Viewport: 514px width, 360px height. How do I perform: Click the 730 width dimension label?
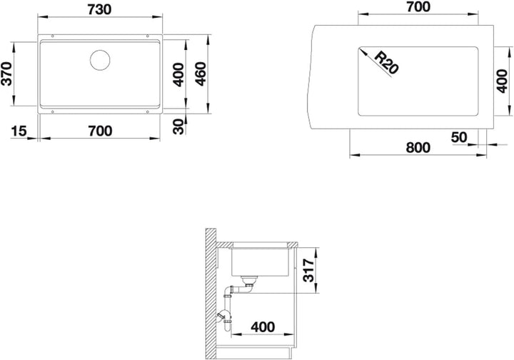pos(100,10)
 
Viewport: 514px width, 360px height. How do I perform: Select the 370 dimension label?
pos(7,74)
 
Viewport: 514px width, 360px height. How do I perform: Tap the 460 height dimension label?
pos(201,74)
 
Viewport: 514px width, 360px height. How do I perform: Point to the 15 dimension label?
pos(19,131)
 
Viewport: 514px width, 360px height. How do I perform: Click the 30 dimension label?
pos(179,127)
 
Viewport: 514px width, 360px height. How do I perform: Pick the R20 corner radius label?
pos(386,62)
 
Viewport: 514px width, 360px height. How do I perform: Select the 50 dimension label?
pos(459,137)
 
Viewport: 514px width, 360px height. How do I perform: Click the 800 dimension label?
pos(418,148)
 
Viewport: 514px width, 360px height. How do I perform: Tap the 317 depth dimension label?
pos(308,270)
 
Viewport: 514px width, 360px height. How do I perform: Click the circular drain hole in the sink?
pos(100,60)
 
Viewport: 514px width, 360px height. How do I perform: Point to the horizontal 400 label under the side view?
pos(263,327)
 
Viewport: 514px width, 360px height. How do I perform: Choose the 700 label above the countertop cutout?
pos(418,7)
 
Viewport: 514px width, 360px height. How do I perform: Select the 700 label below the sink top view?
pos(101,131)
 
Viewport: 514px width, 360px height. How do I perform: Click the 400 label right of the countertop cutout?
pos(502,81)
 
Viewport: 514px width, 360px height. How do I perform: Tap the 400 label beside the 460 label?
pos(178,75)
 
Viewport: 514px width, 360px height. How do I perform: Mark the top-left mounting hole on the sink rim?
pos(52,36)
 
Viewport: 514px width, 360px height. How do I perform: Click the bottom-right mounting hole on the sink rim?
pos(148,112)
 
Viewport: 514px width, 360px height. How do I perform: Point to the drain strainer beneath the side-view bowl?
pos(249,280)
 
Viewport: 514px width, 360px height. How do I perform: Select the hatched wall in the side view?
pos(211,294)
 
